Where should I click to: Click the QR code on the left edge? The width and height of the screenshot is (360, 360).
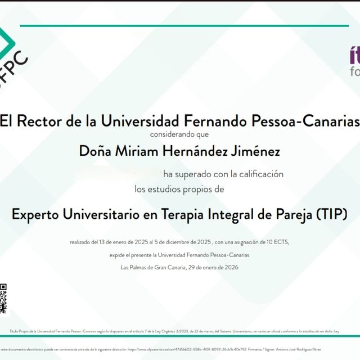3,298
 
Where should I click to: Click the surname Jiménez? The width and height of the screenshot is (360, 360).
255,151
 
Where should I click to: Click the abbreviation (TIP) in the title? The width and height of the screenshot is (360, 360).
331,214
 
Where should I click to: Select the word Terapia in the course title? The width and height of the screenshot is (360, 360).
192,214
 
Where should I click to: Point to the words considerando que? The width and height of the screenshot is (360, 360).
179,134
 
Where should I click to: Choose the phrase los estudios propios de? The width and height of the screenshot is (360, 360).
179,189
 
